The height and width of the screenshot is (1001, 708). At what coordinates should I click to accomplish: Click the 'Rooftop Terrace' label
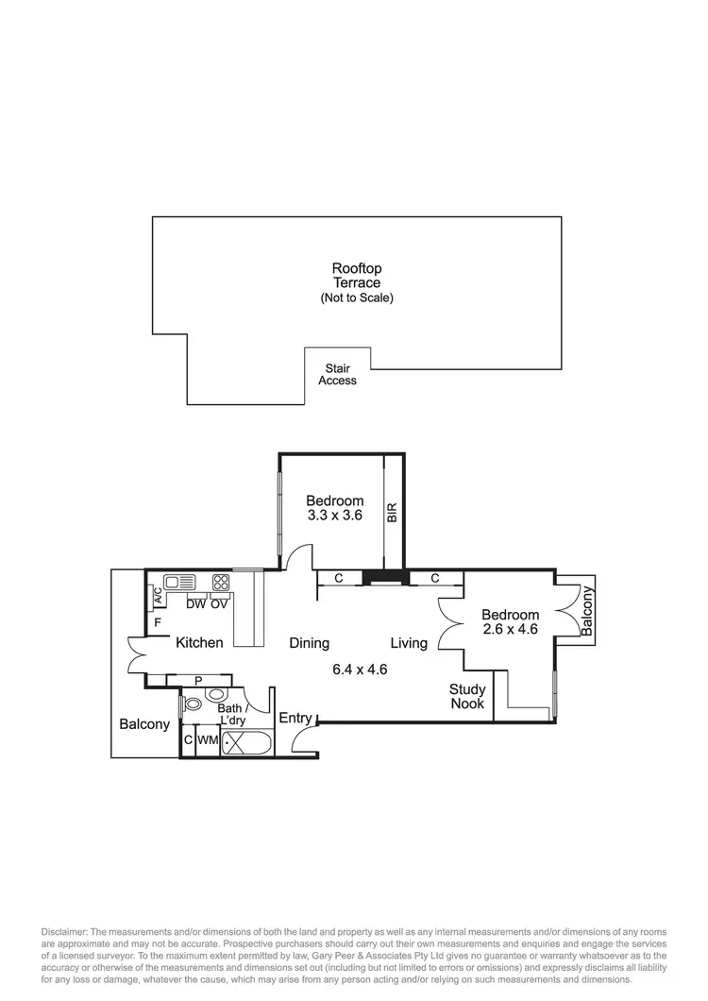pyautogui.click(x=356, y=275)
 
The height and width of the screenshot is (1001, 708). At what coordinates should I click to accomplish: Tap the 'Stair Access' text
pyautogui.click(x=337, y=374)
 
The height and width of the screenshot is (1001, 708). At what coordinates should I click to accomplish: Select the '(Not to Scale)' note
pyautogui.click(x=356, y=297)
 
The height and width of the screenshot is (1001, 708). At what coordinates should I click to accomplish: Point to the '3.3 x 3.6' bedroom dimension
pyautogui.click(x=334, y=516)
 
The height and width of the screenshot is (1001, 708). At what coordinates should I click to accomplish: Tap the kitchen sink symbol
pyautogui.click(x=179, y=582)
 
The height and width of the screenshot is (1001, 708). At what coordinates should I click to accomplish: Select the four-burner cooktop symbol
pyautogui.click(x=221, y=582)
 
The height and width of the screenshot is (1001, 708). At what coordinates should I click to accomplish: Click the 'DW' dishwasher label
pyautogui.click(x=195, y=603)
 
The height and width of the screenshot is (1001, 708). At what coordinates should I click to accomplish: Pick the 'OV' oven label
pyautogui.click(x=219, y=603)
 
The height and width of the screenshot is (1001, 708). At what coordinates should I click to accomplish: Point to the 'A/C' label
pyautogui.click(x=158, y=596)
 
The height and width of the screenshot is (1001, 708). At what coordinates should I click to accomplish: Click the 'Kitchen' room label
pyautogui.click(x=199, y=643)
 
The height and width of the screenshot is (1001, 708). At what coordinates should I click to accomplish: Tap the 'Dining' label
pyautogui.click(x=309, y=643)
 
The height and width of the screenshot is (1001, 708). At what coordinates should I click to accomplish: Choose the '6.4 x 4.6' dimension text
pyautogui.click(x=360, y=670)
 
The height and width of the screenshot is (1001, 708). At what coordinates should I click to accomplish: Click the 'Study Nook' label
pyautogui.click(x=466, y=696)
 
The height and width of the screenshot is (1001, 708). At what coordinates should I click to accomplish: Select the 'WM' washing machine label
pyautogui.click(x=208, y=742)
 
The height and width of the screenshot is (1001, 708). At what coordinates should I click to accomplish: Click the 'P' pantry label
pyautogui.click(x=197, y=679)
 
